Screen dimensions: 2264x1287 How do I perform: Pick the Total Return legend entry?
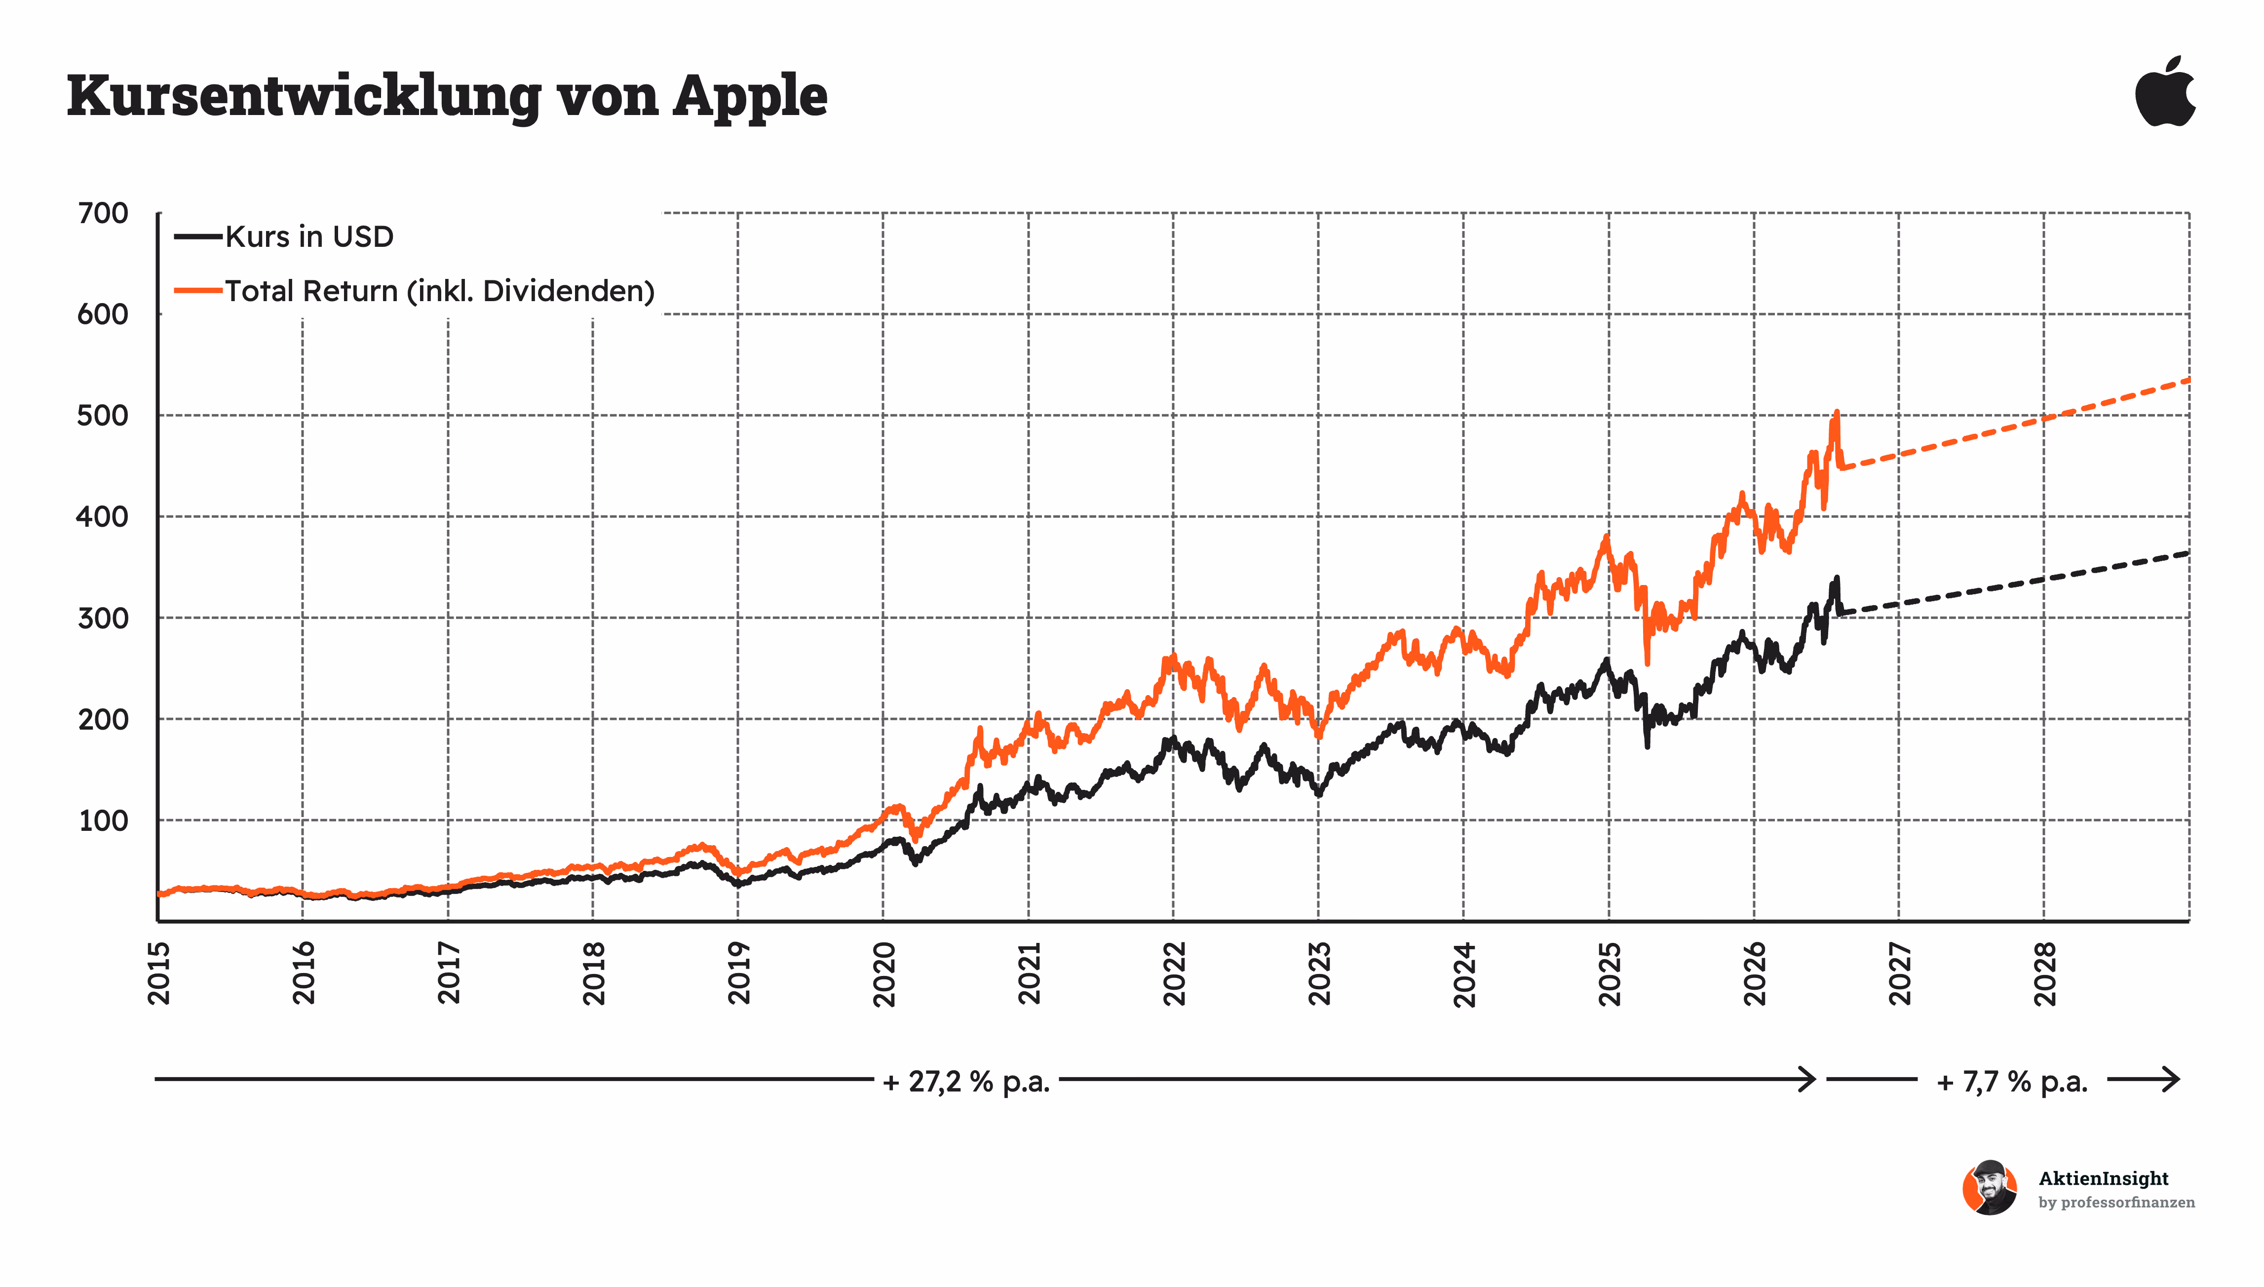(x=415, y=291)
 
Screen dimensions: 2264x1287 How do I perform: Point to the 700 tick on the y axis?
(x=103, y=213)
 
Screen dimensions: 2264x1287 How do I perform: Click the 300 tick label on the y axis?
(x=103, y=618)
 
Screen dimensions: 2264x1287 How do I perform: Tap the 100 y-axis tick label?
(x=103, y=820)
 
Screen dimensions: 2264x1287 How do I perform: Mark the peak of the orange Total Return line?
(x=1836, y=411)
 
